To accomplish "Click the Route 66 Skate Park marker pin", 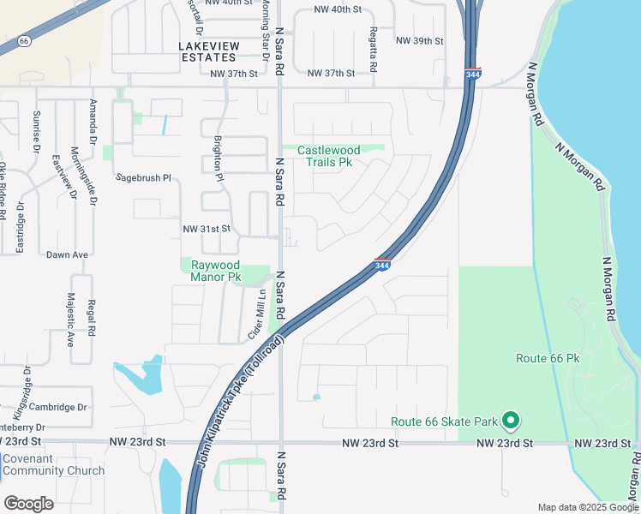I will [x=511, y=420].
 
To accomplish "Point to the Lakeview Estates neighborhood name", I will [x=207, y=51].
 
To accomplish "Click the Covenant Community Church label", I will [x=52, y=464].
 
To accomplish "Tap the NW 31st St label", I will [x=207, y=229].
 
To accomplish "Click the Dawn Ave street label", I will [x=68, y=254].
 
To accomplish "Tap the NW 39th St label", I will [x=420, y=41].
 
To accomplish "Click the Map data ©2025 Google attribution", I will [x=587, y=507].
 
